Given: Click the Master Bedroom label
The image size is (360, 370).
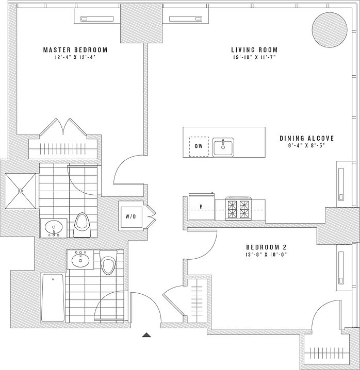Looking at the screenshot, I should click(x=75, y=50).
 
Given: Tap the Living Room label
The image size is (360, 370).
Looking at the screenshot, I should click(x=253, y=50).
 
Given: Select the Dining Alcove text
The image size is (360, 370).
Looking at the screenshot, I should click(x=307, y=138).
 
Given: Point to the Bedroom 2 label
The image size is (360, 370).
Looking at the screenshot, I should click(x=266, y=246).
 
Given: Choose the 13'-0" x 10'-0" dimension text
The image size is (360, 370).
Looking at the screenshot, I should click(x=266, y=254).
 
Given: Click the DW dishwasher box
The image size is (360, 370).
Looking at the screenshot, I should click(x=199, y=146).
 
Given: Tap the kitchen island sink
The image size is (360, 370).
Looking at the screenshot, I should click(x=223, y=146).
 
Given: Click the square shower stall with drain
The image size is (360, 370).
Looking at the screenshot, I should click(x=21, y=190).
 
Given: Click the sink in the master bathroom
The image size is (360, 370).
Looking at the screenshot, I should click(x=53, y=227).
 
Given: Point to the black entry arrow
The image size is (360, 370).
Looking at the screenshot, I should click(x=146, y=335).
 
